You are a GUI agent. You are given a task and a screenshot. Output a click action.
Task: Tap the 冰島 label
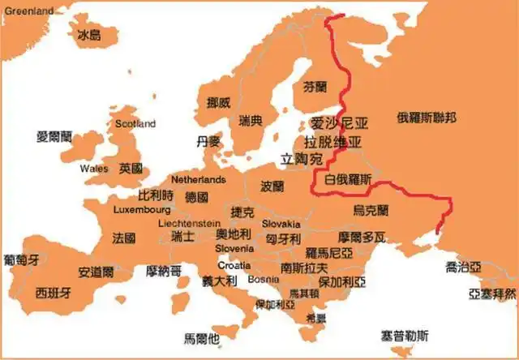coord(88,35)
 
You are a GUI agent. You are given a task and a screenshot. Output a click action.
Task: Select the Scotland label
coord(135,124)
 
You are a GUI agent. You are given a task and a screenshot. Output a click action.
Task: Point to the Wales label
coord(94,169)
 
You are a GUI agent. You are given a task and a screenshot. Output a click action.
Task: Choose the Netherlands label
coord(198,178)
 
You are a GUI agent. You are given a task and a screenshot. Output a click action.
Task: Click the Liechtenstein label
coord(189,222)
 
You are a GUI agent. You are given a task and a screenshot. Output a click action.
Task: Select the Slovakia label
coord(281,224)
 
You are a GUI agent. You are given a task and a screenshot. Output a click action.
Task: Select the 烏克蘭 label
coord(371,210)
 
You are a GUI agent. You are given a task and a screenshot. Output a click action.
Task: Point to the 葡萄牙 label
coord(21,260)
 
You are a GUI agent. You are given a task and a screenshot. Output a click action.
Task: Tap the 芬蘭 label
coord(315,85)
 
